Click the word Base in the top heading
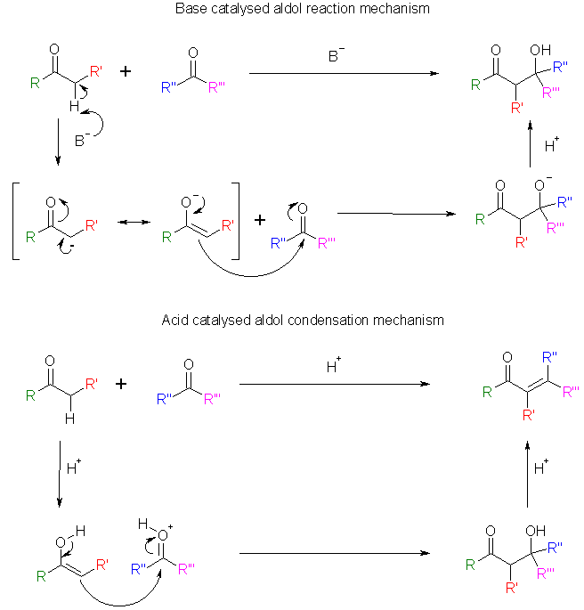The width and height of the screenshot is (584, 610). (x=192, y=10)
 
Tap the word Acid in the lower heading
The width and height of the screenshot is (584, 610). (x=175, y=319)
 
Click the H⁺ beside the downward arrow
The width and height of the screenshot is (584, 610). (x=74, y=464)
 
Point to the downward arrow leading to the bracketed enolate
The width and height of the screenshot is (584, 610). (x=57, y=142)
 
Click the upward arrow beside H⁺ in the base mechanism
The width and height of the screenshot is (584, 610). (x=531, y=144)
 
